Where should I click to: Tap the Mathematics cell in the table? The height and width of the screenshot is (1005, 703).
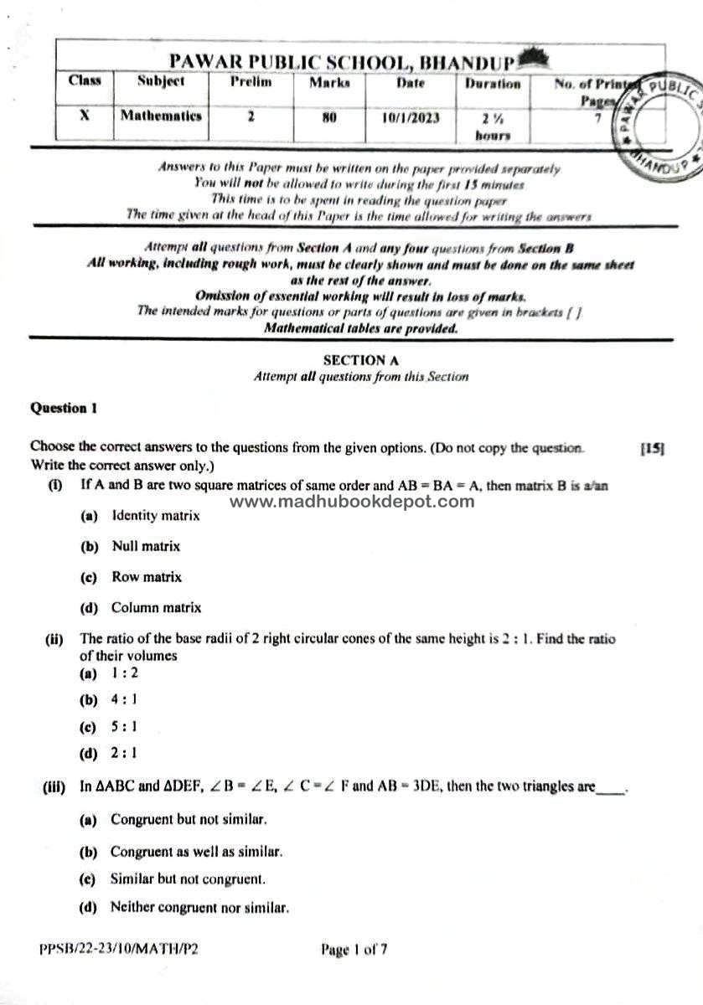coord(161,116)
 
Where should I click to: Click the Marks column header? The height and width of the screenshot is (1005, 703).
coord(329,83)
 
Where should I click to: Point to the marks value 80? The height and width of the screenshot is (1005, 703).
coord(328,117)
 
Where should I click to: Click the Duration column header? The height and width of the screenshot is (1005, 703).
coord(493,84)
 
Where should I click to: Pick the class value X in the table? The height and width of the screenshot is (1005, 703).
coord(85,116)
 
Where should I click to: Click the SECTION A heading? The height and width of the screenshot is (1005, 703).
coord(360,360)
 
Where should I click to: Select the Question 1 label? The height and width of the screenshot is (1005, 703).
coord(64,409)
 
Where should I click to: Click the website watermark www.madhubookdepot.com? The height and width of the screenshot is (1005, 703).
coord(351,502)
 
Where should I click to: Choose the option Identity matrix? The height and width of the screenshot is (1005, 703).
coord(156,516)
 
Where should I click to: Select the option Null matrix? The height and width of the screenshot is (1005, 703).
coord(146,546)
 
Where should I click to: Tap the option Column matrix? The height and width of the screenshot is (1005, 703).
coord(157,608)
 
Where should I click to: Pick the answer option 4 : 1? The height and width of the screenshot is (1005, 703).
coord(124,698)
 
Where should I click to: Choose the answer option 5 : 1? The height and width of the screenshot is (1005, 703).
coord(124,726)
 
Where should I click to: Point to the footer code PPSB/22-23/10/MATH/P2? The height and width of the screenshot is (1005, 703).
coord(119,950)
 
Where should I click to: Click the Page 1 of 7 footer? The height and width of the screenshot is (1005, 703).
coord(354,950)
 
